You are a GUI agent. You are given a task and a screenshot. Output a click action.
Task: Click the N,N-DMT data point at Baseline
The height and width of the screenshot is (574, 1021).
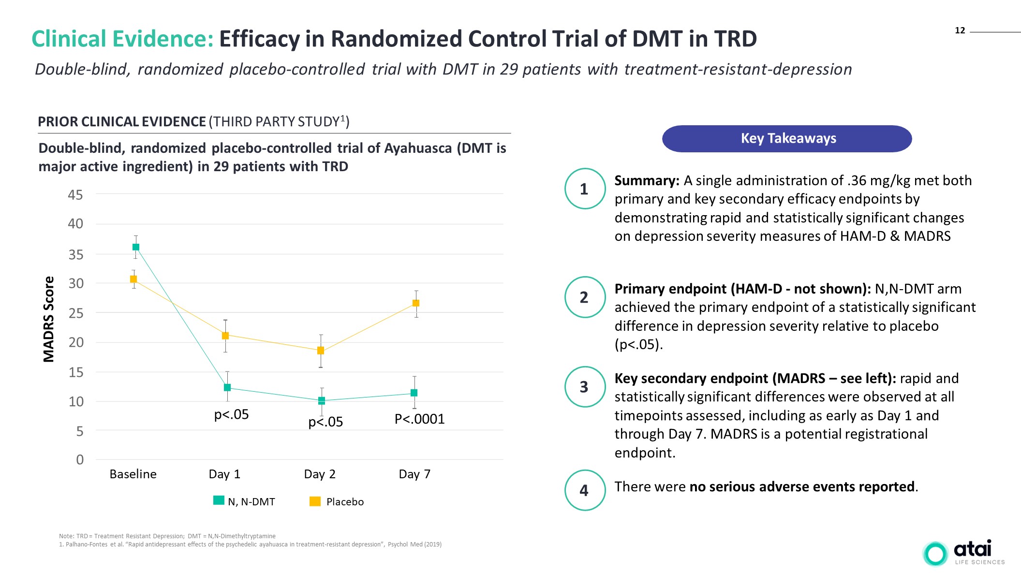click(136, 247)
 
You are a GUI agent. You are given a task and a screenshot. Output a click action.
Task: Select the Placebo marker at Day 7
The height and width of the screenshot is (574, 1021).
click(416, 303)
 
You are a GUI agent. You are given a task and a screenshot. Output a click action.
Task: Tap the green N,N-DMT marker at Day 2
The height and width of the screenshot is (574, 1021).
click(322, 400)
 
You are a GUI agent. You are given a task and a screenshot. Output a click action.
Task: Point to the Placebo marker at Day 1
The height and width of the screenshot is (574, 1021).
click(225, 335)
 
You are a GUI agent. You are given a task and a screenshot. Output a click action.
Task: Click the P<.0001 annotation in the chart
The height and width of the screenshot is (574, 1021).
click(419, 419)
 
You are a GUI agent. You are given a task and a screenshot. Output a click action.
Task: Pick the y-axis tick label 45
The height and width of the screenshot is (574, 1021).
click(75, 195)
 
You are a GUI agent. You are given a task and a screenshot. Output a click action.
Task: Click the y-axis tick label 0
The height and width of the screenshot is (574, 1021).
click(80, 459)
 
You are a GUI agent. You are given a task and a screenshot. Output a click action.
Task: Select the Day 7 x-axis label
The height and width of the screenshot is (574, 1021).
click(414, 474)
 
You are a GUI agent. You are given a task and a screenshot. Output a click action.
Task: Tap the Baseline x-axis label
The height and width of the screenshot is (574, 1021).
click(133, 474)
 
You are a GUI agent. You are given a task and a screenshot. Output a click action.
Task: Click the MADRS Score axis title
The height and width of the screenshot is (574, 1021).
click(49, 319)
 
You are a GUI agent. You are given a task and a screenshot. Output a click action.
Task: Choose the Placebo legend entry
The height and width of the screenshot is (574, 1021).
click(337, 501)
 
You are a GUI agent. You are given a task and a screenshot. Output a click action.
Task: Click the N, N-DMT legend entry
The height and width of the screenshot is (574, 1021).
click(244, 501)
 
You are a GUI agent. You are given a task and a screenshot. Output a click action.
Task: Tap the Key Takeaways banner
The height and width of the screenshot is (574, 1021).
click(787, 139)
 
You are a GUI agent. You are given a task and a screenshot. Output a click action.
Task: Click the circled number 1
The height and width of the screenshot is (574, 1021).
click(584, 189)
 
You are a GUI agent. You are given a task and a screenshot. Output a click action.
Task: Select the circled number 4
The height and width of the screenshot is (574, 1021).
click(584, 490)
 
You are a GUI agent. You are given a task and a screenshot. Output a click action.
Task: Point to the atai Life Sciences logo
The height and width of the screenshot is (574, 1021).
click(963, 553)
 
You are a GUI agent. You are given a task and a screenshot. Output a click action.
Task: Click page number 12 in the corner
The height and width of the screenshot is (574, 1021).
click(960, 30)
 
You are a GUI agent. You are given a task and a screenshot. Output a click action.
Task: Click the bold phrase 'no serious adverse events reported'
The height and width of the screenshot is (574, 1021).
click(802, 486)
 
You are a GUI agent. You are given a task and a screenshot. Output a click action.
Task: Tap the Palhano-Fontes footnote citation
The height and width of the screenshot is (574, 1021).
click(250, 545)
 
